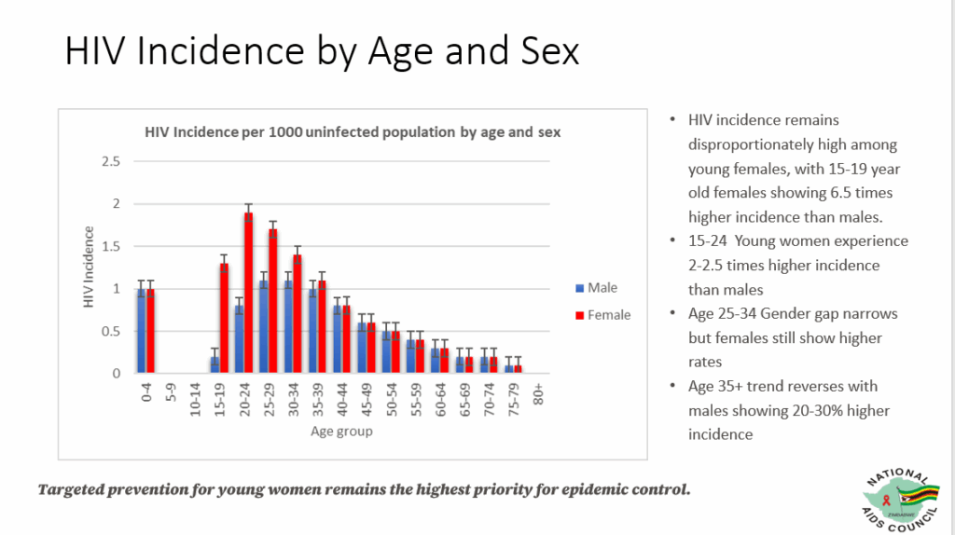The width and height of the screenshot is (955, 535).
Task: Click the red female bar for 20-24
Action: pyautogui.click(x=249, y=293)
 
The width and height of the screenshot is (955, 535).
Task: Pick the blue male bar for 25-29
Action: pyautogui.click(x=264, y=326)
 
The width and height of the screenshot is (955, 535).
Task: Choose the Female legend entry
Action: pyautogui.click(x=602, y=315)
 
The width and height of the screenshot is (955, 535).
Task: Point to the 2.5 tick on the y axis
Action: pyautogui.click(x=112, y=161)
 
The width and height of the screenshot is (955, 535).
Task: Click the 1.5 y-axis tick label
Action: pyautogui.click(x=112, y=246)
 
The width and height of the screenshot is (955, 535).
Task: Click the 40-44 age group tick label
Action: pyautogui.click(x=341, y=400)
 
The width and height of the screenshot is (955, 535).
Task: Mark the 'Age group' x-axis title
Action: pyautogui.click(x=341, y=432)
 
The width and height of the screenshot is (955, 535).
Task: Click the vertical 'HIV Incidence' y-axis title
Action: pyautogui.click(x=90, y=267)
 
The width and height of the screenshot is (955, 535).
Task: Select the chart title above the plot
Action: pyautogui.click(x=353, y=131)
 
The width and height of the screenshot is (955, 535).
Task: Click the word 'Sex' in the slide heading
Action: pyautogui.click(x=547, y=51)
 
